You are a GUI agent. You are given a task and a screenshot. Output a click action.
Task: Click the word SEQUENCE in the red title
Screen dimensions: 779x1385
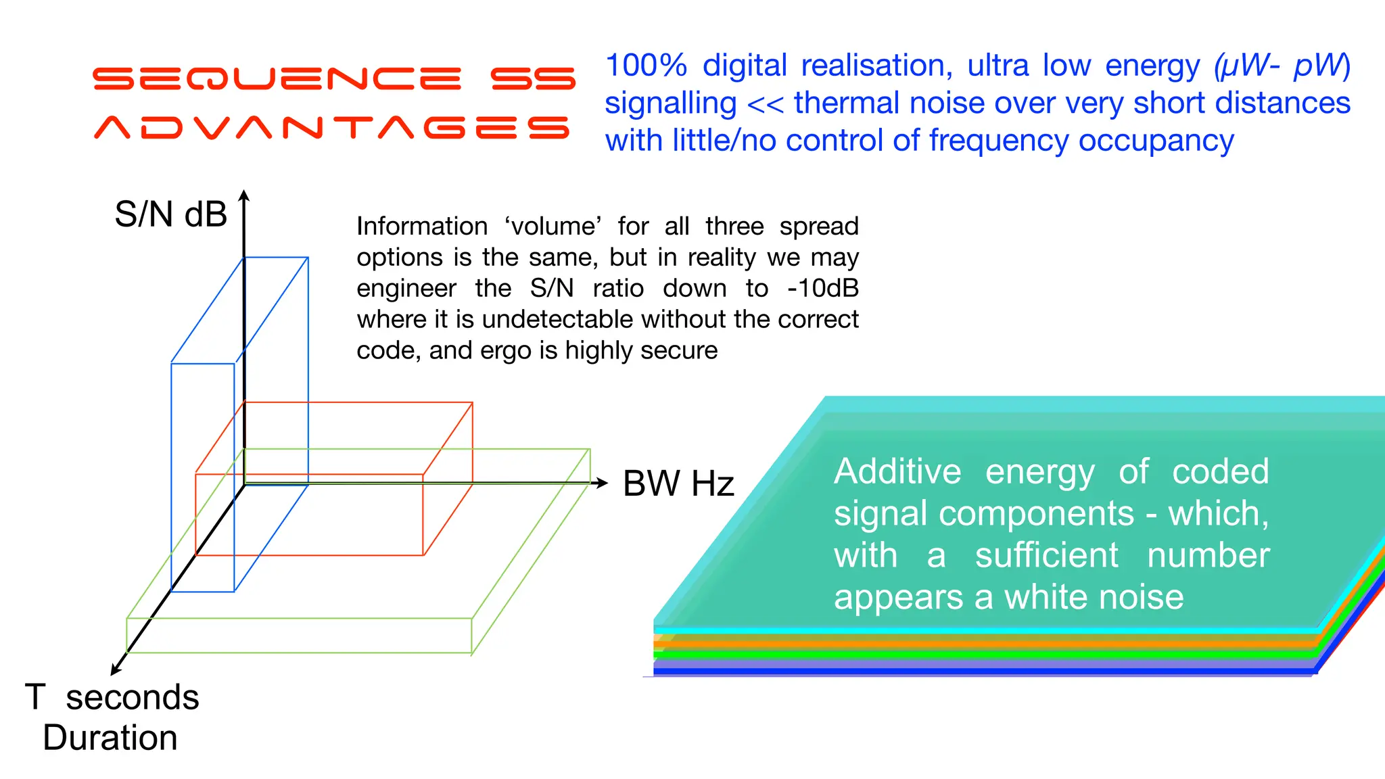[x=277, y=79]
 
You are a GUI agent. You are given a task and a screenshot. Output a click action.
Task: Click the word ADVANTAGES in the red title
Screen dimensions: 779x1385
[x=331, y=127]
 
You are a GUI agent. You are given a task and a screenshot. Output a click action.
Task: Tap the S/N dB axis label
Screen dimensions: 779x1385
[x=170, y=214]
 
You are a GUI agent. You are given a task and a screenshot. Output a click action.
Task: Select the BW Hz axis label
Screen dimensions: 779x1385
[x=678, y=483]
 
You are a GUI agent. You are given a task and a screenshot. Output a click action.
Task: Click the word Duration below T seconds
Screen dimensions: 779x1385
[x=110, y=738]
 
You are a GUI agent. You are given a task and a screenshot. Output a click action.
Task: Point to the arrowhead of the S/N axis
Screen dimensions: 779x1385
[x=245, y=195]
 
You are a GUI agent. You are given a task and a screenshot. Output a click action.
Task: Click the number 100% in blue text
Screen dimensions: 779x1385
[x=646, y=66]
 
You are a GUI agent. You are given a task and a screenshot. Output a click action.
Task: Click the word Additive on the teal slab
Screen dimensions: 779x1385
[x=897, y=471]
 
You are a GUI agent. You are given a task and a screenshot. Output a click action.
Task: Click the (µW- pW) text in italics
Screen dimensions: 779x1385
[x=1282, y=66]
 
